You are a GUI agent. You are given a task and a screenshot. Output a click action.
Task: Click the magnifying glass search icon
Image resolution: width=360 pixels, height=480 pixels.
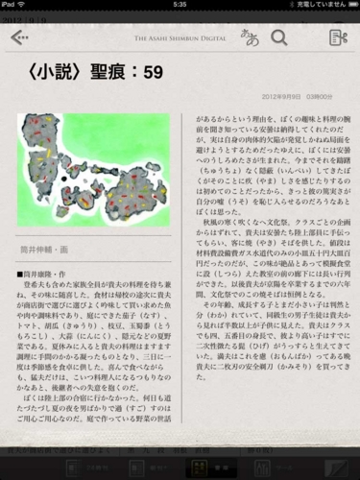pyautogui.click(x=279, y=37)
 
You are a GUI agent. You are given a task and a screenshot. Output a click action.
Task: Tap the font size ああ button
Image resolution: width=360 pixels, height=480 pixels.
pyautogui.click(x=250, y=37)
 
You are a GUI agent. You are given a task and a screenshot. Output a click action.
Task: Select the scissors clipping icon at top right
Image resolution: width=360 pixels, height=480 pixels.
pyautogui.click(x=337, y=38)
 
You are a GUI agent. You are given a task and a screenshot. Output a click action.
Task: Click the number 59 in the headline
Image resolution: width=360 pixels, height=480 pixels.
pyautogui.click(x=153, y=73)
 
